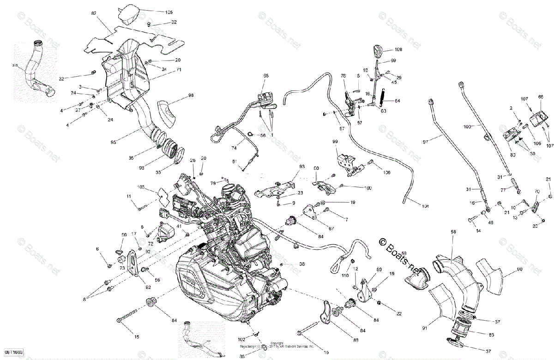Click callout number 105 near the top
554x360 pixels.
tap(169, 12)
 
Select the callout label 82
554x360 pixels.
tap(94, 14)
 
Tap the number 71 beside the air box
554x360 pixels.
tap(178, 70)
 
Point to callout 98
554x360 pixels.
tap(191, 95)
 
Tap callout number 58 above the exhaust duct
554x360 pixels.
tap(453, 231)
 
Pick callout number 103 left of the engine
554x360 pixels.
tap(141, 187)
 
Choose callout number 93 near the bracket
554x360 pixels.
tap(302, 166)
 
